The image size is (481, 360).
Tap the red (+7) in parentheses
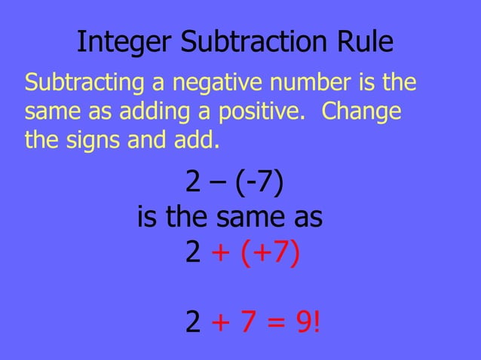click(271, 254)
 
